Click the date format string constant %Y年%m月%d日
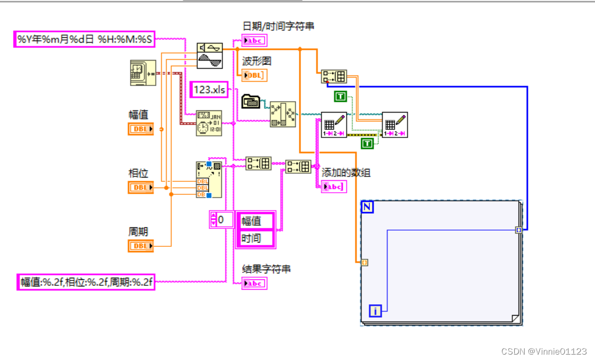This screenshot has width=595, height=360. pos(84,39)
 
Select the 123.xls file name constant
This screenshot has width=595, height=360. pos(208,90)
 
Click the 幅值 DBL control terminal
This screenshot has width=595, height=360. pos(141,129)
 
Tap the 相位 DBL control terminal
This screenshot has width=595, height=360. pos(141,187)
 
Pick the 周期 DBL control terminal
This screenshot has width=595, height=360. pos(141,246)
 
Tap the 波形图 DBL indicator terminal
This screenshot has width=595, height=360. pos(254,75)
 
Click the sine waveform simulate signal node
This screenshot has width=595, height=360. pos(209,55)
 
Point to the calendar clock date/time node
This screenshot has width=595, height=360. pos(208,123)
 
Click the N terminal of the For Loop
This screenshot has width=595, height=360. pos(368,207)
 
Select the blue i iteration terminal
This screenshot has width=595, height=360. pos(376,311)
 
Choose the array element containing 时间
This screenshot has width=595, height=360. pos(255,238)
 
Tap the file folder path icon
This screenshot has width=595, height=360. pos(250,101)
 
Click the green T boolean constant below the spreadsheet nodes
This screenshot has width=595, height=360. pos(368,143)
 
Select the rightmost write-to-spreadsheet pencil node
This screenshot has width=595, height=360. pos(395,125)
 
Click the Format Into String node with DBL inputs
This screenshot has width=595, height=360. pos(208,179)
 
